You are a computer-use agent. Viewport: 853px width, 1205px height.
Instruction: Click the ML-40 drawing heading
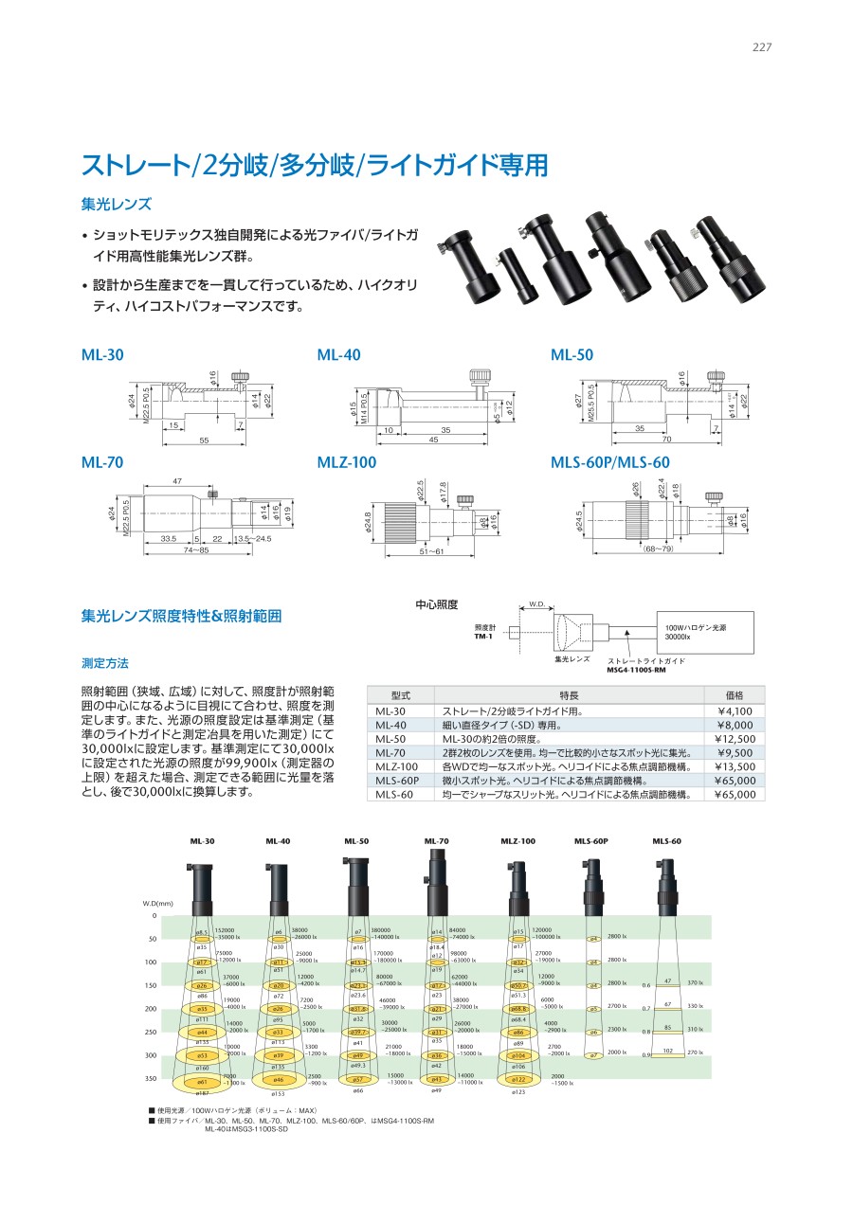point(338,355)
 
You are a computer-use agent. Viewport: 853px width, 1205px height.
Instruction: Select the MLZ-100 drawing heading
point(346,462)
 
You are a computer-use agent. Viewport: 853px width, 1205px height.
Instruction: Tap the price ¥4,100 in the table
point(735,711)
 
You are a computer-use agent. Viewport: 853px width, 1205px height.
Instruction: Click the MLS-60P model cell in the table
point(397,781)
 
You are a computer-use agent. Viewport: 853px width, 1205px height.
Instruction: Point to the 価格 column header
point(735,694)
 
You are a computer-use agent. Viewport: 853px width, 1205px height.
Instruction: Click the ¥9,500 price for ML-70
point(735,753)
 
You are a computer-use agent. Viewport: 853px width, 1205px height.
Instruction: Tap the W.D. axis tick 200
point(152,1009)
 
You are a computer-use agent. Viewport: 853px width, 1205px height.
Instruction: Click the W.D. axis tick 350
point(152,1079)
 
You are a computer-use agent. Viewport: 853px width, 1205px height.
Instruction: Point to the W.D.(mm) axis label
point(158,904)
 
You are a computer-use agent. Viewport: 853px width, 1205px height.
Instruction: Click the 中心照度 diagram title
point(437,603)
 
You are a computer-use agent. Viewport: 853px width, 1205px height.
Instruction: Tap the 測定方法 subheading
point(105,663)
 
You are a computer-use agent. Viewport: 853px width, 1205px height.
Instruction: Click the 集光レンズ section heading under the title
point(117,204)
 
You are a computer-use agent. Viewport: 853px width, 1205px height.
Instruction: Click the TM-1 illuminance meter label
point(484,637)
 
